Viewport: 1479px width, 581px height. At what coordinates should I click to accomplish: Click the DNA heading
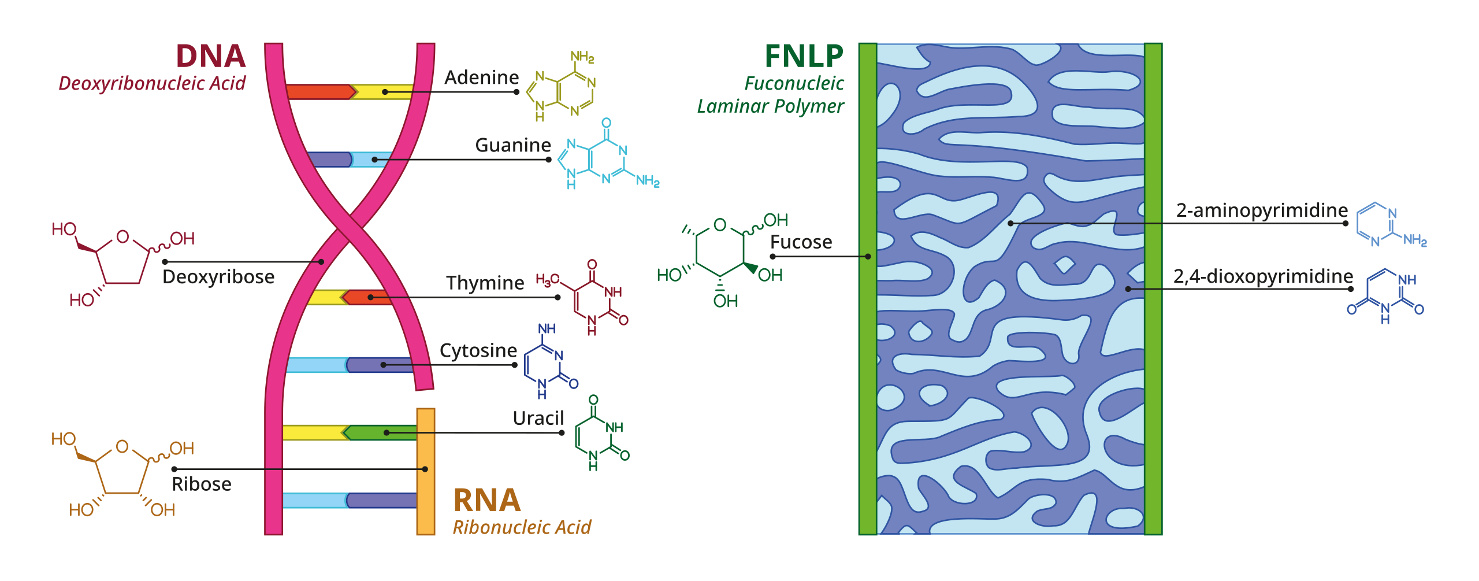pyautogui.click(x=211, y=57)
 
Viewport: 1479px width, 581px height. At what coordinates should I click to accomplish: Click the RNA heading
pyautogui.click(x=487, y=501)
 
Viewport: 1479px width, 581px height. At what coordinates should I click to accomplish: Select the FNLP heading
pyautogui.click(x=804, y=57)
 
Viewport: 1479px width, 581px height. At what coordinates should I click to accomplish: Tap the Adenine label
pyautogui.click(x=481, y=77)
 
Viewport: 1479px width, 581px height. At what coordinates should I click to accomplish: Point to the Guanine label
pyautogui.click(x=512, y=145)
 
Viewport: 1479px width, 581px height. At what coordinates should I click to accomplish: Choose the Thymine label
pyautogui.click(x=485, y=283)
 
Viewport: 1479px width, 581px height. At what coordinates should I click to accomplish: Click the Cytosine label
pyautogui.click(x=478, y=351)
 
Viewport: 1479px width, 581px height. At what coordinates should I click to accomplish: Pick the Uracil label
pyautogui.click(x=538, y=419)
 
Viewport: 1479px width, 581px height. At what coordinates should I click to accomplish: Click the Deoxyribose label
pyautogui.click(x=218, y=277)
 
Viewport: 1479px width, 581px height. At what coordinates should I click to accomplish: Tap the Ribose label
pyautogui.click(x=202, y=484)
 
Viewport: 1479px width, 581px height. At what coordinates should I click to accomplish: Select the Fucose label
pyautogui.click(x=801, y=242)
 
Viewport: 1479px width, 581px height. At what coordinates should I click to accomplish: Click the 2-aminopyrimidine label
pyautogui.click(x=1262, y=210)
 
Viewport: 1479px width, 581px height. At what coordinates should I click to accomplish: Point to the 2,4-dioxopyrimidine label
pyautogui.click(x=1263, y=276)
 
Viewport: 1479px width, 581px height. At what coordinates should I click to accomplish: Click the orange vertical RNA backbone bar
pyautogui.click(x=426, y=471)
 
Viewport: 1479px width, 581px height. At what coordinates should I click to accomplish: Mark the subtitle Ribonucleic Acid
pyautogui.click(x=522, y=528)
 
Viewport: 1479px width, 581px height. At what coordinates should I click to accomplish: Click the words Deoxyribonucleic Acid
pyautogui.click(x=152, y=84)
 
